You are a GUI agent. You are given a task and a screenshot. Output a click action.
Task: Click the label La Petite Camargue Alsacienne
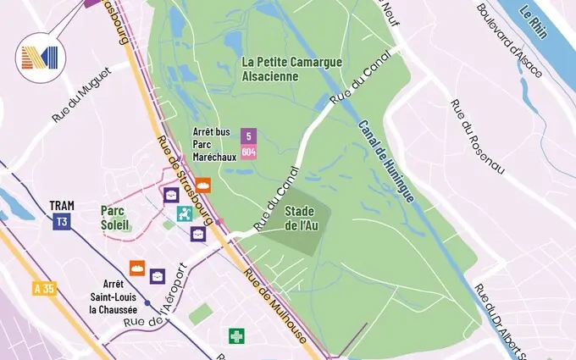pos(281,69)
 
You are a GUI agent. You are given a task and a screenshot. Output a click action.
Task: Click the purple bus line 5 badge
pos(248,136)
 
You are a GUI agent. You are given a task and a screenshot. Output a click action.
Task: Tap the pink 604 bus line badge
pos(248,152)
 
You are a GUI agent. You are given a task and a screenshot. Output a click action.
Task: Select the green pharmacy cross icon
pos(236,336)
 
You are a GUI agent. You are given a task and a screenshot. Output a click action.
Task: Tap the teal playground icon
pos(184,213)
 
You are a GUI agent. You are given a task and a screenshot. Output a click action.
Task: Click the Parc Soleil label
pos(115,218)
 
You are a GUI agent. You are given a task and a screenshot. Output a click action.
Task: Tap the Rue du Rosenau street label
pos(477,137)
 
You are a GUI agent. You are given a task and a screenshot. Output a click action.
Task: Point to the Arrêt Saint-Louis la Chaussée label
pos(114,296)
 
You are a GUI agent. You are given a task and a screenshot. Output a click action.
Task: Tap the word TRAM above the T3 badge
pos(62,206)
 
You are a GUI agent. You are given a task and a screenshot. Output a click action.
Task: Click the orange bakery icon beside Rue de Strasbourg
pos(203,186)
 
